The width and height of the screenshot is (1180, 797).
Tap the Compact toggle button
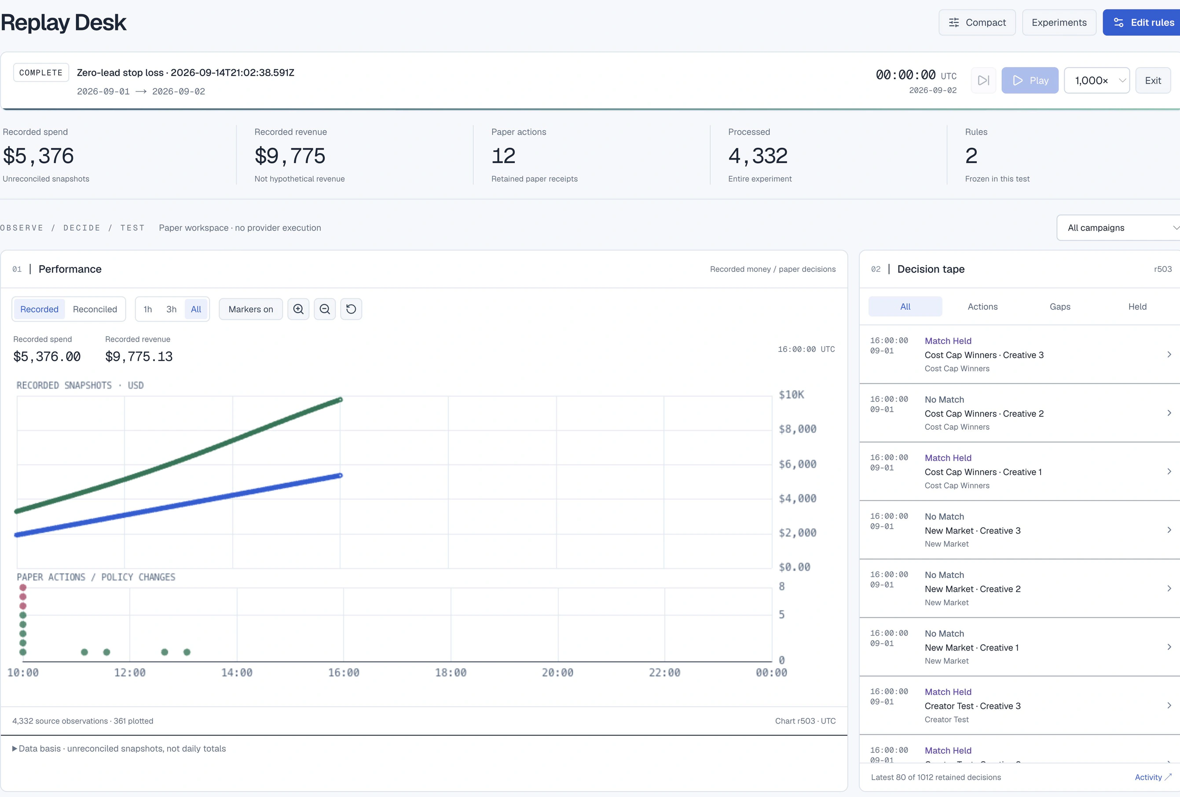977,22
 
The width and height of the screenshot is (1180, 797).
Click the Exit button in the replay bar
1153,80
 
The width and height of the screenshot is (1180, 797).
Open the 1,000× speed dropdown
1097,80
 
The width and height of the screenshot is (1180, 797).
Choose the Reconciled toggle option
95,309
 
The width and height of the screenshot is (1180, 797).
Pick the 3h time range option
172,309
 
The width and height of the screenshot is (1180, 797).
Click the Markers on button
251,309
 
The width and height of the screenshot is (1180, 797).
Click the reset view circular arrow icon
351,309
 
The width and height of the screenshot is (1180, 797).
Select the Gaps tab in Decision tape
1059,307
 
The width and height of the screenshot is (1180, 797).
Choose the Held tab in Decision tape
1137,307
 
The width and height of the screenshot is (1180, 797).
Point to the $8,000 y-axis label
798,429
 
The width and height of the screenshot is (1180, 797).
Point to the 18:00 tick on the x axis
451,673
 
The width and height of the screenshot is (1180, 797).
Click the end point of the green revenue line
341,399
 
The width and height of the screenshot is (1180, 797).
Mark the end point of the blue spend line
341,475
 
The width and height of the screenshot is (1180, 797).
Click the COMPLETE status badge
41,73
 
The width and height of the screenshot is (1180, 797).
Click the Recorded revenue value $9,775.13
139,356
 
